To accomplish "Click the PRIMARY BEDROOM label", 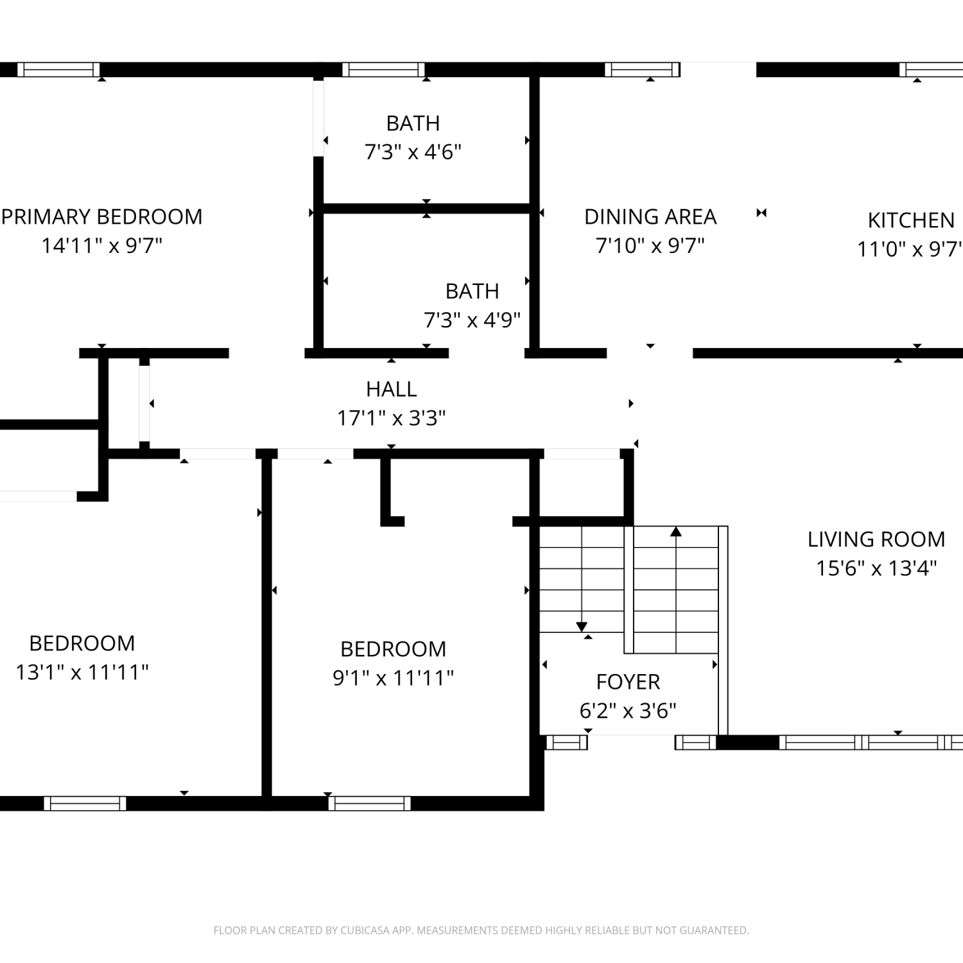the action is coord(101,217).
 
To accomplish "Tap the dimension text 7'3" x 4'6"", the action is coord(413,152).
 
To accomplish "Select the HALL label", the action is coord(391,389).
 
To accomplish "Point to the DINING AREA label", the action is coord(650,217).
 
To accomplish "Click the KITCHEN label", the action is coord(911,220).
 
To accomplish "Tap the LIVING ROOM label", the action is coord(876,539).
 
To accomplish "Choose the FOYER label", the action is coord(628,682).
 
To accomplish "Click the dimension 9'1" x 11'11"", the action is coord(393,678).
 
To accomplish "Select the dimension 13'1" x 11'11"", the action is coord(82,672).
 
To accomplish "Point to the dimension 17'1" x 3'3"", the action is coord(391,419).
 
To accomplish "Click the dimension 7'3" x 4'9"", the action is coord(472,320).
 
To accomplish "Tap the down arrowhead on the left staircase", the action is coord(582,627).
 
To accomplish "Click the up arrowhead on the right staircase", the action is coord(676,532).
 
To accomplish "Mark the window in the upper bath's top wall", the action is coord(383,69).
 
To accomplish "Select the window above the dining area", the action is coord(642,69).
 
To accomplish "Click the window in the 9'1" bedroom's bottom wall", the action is coord(369,803).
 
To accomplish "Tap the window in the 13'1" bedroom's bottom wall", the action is coord(85,803).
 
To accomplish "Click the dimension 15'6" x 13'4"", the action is coord(876,568).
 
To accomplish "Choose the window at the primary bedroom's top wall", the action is coord(58,69).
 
